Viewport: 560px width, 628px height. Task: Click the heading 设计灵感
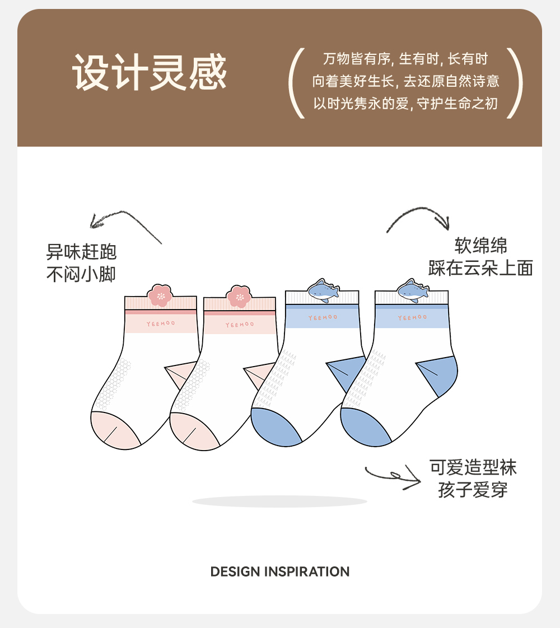(150, 73)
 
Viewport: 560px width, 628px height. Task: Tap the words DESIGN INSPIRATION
(280, 571)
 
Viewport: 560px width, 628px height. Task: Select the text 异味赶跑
(81, 252)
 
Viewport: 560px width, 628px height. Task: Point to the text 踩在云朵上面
(480, 268)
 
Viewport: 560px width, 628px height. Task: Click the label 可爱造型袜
(473, 467)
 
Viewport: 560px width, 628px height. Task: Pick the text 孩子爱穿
(473, 490)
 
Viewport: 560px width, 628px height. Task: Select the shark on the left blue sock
(323, 289)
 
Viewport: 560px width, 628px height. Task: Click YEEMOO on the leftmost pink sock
(160, 324)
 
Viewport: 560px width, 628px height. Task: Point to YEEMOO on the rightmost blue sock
(412, 318)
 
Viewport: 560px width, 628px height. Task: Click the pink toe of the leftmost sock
(115, 430)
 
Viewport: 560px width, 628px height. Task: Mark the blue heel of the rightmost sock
(440, 376)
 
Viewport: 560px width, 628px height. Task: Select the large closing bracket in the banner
(515, 83)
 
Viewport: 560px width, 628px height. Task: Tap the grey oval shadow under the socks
(279, 502)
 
